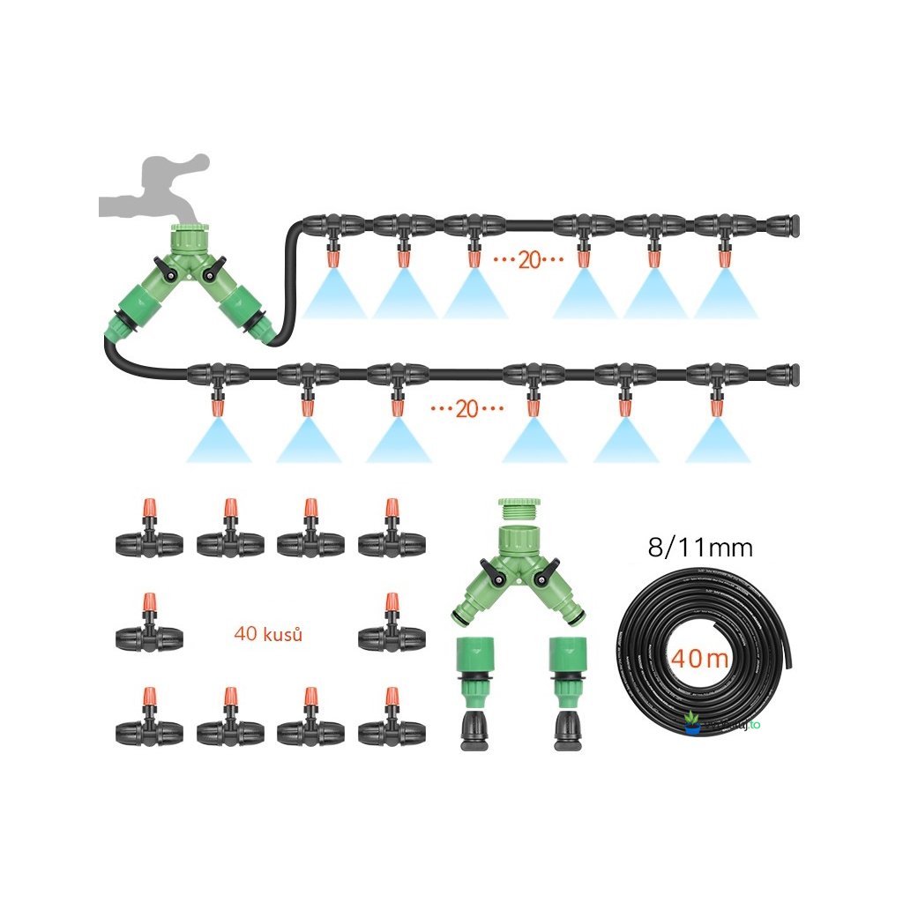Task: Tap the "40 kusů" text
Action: point(268,633)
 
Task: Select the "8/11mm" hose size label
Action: point(700,548)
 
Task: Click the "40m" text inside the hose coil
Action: point(698,659)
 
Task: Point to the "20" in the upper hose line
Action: point(528,260)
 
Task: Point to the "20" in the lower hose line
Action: point(466,409)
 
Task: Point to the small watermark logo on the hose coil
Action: point(695,723)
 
